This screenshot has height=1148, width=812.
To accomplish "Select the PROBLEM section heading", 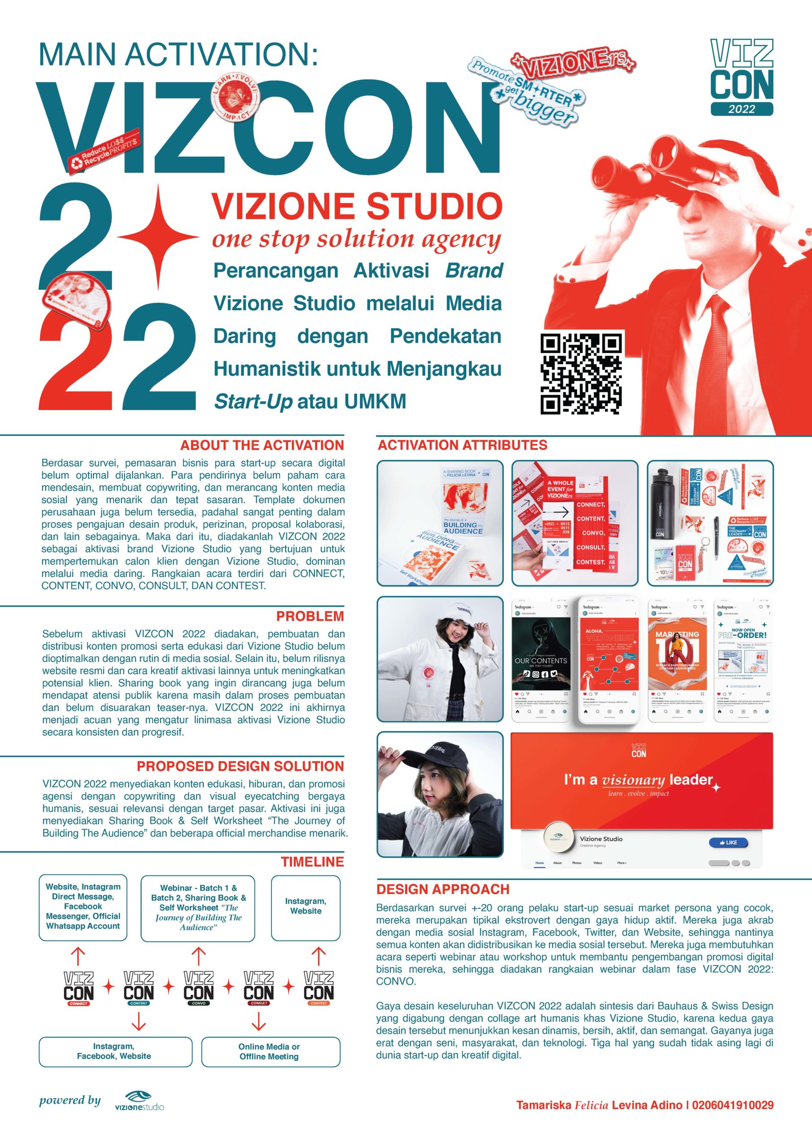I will pyautogui.click(x=310, y=616).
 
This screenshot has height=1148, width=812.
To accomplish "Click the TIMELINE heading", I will pyautogui.click(x=312, y=861).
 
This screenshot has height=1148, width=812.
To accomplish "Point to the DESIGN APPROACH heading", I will pyautogui.click(x=443, y=889).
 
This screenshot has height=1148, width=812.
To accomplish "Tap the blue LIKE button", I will pyautogui.click(x=728, y=843).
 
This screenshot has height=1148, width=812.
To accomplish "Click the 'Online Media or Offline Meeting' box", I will pyautogui.click(x=270, y=1052).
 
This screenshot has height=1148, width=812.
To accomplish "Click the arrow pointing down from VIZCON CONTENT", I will pyautogui.click(x=139, y=1022).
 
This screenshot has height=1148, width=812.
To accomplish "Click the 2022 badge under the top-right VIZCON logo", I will pyautogui.click(x=742, y=109).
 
